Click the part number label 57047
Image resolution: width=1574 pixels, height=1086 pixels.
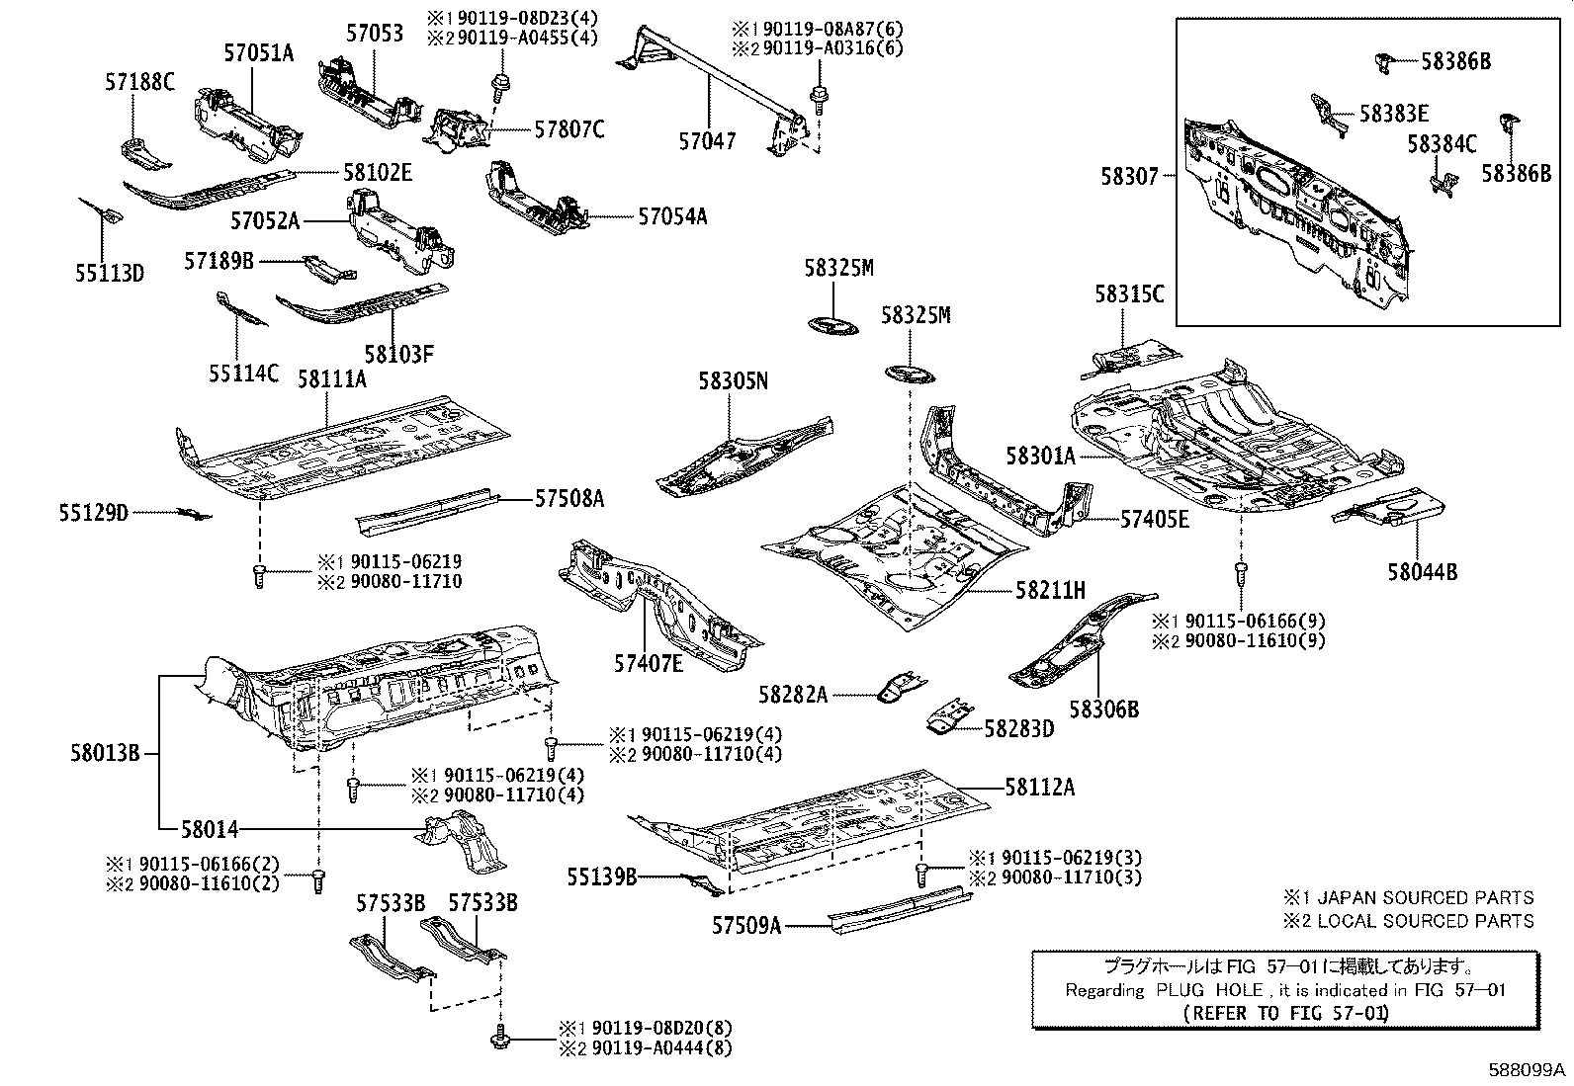tap(707, 141)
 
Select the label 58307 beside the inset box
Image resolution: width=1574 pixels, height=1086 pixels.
tap(1129, 176)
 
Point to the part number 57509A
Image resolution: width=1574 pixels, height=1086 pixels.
tap(746, 926)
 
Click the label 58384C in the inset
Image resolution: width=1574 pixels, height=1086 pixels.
tap(1442, 144)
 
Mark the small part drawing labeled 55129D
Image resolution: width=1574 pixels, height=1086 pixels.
tap(194, 514)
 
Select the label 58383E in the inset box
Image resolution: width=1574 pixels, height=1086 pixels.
tap(1393, 114)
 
